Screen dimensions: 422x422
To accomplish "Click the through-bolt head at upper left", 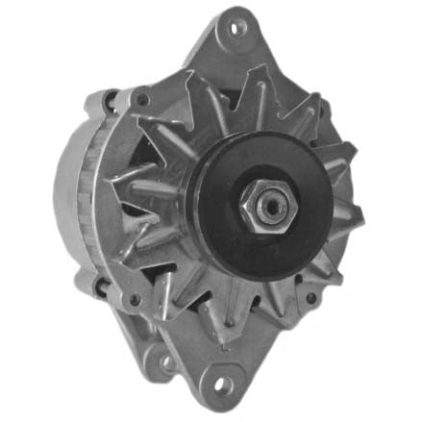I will pos(142,99).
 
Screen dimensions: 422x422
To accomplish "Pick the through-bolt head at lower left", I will pos(137,299).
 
